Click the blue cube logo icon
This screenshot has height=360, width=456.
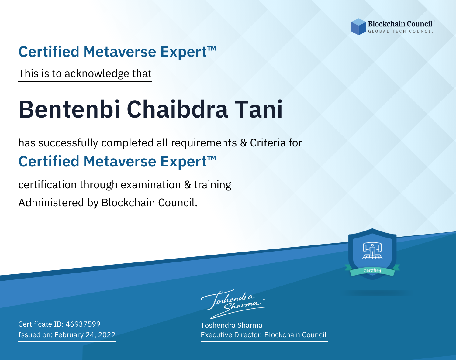pos(358,27)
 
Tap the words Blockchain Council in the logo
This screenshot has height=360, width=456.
pos(400,24)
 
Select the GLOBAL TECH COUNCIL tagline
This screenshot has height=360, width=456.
pos(401,31)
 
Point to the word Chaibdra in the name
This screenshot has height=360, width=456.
pos(177,109)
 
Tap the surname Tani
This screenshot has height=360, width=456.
pos(259,109)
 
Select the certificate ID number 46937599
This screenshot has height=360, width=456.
pos(83,324)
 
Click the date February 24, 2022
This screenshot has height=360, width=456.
pos(85,335)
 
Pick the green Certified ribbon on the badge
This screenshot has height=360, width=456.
pos(372,271)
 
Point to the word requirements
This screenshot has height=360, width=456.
pos(204,143)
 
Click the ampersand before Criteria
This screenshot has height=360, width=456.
pos(244,143)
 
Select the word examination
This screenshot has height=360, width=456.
pos(150,185)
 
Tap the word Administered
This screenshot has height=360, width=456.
pos(51,203)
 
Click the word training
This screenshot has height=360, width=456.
pos(212,185)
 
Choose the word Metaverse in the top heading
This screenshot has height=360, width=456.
pos(120,52)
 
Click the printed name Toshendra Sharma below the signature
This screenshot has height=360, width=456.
pos(231,325)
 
